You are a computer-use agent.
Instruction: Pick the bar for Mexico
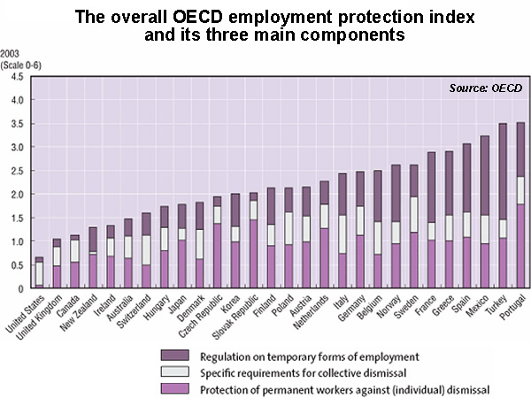point(484,212)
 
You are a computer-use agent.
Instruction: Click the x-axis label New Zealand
point(79,313)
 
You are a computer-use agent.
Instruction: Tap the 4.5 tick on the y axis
point(17,77)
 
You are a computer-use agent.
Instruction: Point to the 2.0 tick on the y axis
point(17,195)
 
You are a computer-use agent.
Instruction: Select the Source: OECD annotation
point(486,88)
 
